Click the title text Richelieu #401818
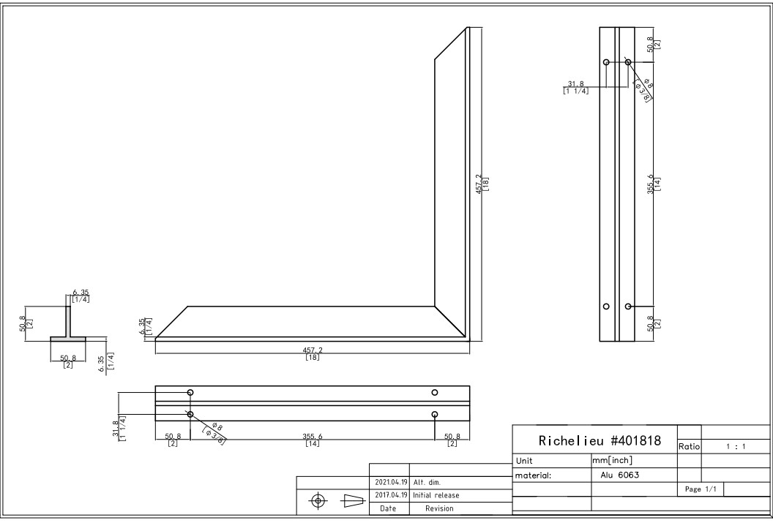[600, 441]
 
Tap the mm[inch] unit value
[612, 461]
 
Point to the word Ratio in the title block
[690, 445]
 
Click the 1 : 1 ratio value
[736, 445]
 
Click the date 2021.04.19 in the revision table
[391, 483]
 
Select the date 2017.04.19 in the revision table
[391, 495]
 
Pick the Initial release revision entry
[437, 495]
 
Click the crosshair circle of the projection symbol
[318, 501]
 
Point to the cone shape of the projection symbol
[354, 501]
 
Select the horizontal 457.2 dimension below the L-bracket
[313, 353]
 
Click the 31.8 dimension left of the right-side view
[576, 87]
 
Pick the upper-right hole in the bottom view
[435, 393]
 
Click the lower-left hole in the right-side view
[606, 306]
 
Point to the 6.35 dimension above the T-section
[81, 295]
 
